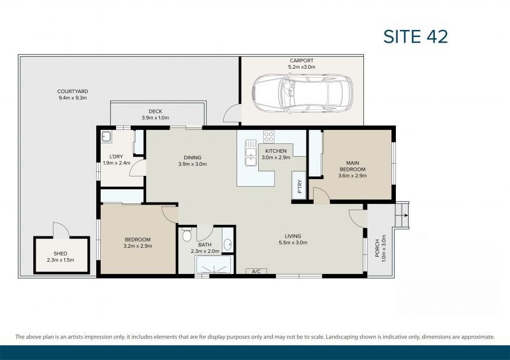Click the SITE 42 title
tap(416, 36)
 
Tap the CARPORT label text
tap(301, 61)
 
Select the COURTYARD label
tap(71, 92)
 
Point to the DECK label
tap(156, 112)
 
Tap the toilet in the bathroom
tap(186, 236)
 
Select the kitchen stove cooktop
tap(269, 137)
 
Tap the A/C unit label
tap(257, 272)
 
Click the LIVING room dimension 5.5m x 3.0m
tap(293, 243)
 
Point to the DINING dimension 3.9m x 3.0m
tap(192, 164)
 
